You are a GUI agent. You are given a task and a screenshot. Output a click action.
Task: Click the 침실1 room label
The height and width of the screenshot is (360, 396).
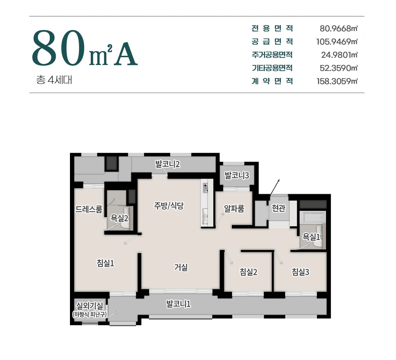pyautogui.click(x=105, y=263)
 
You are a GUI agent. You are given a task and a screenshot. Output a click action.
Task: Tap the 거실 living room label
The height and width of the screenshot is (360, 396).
pyautogui.click(x=181, y=267)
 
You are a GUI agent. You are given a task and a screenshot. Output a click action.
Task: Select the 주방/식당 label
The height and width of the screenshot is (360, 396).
pyautogui.click(x=169, y=206)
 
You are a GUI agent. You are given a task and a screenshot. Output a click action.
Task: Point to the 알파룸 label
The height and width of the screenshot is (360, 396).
pyautogui.click(x=234, y=208)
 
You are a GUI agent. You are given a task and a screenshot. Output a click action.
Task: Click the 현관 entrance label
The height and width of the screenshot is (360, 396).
pyautogui.click(x=278, y=208)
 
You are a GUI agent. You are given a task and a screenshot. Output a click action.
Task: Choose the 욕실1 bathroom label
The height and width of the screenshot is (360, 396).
pyautogui.click(x=311, y=237)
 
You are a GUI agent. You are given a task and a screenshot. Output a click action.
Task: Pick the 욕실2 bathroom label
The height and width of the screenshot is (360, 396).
pyautogui.click(x=119, y=218)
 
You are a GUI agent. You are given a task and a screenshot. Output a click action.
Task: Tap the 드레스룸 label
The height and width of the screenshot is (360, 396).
pyautogui.click(x=89, y=209)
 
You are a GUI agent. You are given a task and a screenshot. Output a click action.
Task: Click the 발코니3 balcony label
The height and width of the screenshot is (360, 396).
pyautogui.click(x=237, y=175)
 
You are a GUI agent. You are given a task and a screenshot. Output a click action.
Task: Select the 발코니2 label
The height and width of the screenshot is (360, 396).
pyautogui.click(x=168, y=164)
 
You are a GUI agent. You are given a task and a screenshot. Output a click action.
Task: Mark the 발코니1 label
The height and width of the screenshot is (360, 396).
pyautogui.click(x=179, y=304)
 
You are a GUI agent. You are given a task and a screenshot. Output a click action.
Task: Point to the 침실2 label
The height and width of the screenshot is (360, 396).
pyautogui.click(x=248, y=272)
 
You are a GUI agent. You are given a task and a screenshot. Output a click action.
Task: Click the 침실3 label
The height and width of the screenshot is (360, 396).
pyautogui.click(x=300, y=272)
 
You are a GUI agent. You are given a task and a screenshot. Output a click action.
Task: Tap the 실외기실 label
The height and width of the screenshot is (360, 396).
pyautogui.click(x=90, y=306)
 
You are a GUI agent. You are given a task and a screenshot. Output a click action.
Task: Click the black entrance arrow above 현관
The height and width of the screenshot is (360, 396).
pyautogui.click(x=275, y=187)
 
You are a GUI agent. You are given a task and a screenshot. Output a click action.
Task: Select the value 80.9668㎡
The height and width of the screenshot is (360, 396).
pyautogui.click(x=339, y=29)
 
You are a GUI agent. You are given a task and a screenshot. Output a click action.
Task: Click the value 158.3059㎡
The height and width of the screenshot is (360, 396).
pyautogui.click(x=337, y=81)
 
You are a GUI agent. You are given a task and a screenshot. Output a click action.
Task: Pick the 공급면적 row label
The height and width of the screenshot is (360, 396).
pyautogui.click(x=272, y=42)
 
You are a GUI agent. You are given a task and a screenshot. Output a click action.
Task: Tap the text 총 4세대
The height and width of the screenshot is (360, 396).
pyautogui.click(x=54, y=80)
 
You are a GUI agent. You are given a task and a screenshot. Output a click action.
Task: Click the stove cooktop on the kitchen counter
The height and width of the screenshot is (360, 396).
pyautogui.click(x=206, y=188)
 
